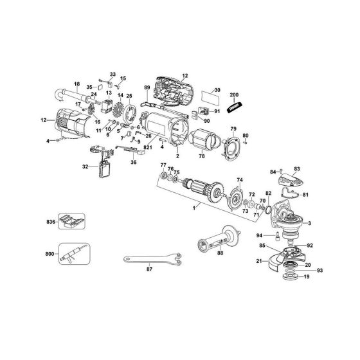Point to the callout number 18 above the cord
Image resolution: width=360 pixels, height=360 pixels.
pos(76,84)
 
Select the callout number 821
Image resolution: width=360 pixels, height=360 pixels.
pos(147,148)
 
